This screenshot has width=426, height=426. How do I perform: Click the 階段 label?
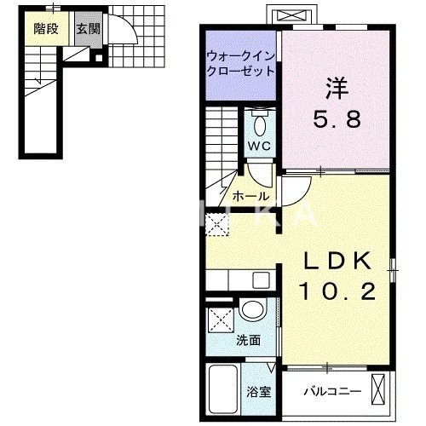click(46, 28)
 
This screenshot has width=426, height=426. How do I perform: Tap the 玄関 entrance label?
click(87, 28)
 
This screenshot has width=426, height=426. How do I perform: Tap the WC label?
click(259, 146)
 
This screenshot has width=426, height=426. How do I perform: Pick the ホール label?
click(250, 195)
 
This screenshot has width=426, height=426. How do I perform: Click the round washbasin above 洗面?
click(252, 311)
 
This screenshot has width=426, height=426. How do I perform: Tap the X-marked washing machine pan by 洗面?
click(220, 321)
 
